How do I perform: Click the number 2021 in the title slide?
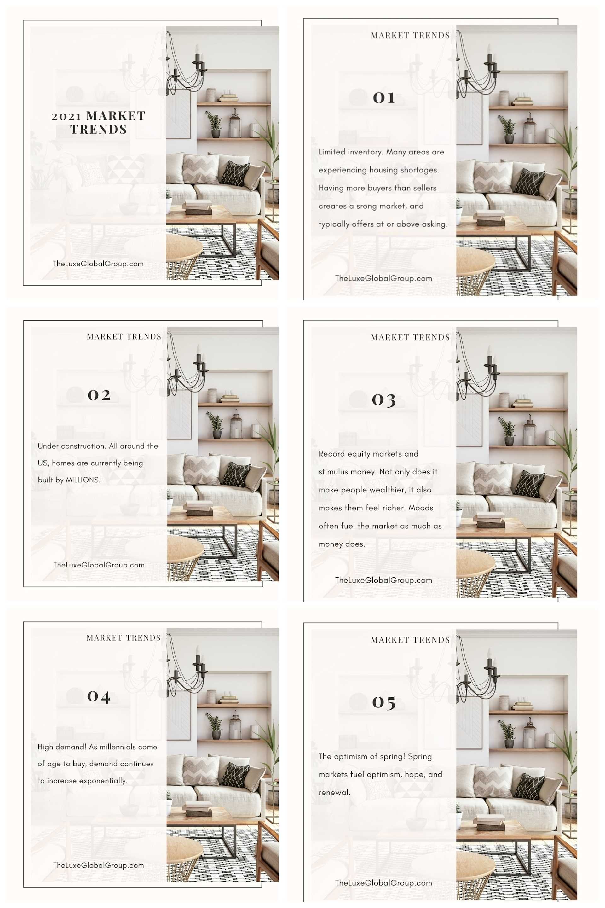click(x=66, y=116)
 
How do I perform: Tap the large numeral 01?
click(x=384, y=98)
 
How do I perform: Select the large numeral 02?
click(x=99, y=395)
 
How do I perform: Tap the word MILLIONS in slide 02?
click(x=83, y=480)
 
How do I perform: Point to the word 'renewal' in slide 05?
click(x=334, y=793)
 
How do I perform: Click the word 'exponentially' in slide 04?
click(x=103, y=781)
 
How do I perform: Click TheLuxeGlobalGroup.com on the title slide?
click(x=98, y=264)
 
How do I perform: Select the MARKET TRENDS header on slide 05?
click(x=410, y=640)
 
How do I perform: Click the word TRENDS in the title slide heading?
click(x=98, y=130)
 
